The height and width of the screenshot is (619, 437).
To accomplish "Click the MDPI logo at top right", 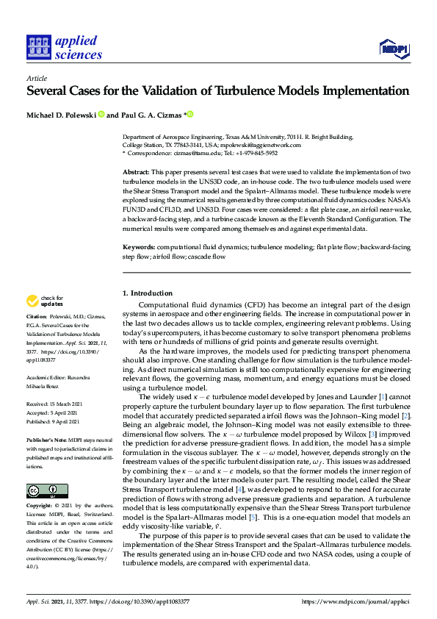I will [x=393, y=49].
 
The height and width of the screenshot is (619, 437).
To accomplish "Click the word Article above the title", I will [x=36, y=78].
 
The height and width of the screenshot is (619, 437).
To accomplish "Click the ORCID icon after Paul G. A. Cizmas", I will [x=189, y=115].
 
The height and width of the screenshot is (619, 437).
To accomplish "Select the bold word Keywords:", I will [x=139, y=248].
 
